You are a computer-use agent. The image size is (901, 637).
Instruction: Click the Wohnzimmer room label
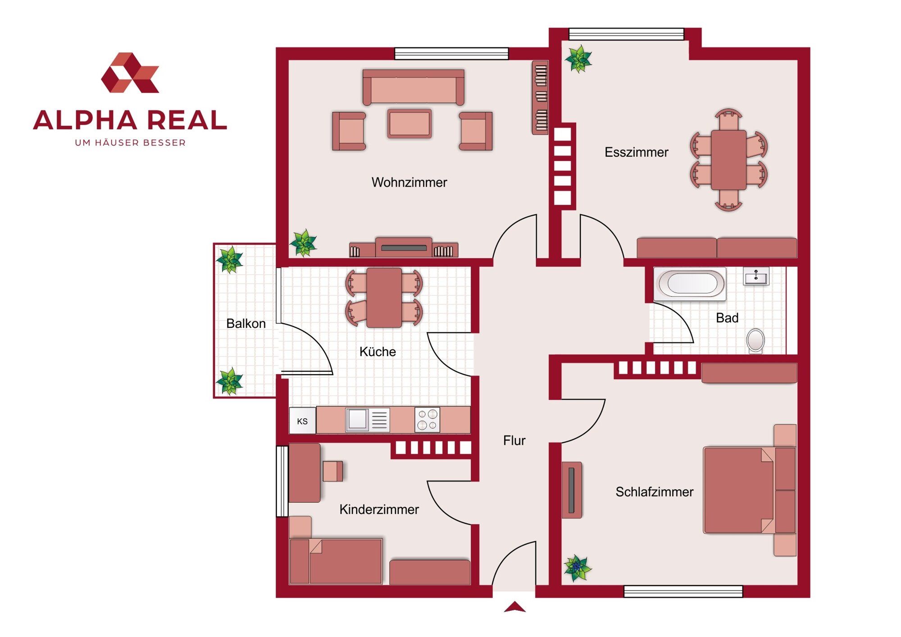[x=409, y=182]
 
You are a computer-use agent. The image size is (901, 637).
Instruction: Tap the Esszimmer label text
[x=636, y=152]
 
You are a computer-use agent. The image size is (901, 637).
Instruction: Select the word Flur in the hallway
[x=514, y=440]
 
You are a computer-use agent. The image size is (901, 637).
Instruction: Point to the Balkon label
[x=246, y=324]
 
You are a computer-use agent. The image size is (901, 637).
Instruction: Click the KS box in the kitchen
[x=302, y=421]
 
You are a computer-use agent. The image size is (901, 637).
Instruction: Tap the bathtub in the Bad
[x=689, y=284]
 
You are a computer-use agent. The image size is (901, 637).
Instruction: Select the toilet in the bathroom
[x=755, y=341]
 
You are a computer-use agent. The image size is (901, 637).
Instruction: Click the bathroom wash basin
[x=756, y=276]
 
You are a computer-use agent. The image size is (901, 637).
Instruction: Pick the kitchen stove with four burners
[x=427, y=420]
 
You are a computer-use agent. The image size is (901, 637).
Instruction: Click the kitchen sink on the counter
[x=367, y=420]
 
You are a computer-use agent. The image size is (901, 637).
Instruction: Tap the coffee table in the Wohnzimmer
[x=409, y=124]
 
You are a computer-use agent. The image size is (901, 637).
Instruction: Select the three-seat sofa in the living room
[x=414, y=87]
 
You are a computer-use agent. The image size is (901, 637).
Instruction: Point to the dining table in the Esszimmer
[x=728, y=160]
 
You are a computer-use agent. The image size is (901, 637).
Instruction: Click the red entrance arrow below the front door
[x=514, y=607]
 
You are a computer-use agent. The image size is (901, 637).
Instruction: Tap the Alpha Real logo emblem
[x=130, y=73]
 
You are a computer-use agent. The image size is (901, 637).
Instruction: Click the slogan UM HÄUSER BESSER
[x=130, y=143]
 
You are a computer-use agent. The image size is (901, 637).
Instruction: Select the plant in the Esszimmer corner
[x=578, y=59]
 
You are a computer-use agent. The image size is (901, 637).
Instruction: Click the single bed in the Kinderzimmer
[x=336, y=561]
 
